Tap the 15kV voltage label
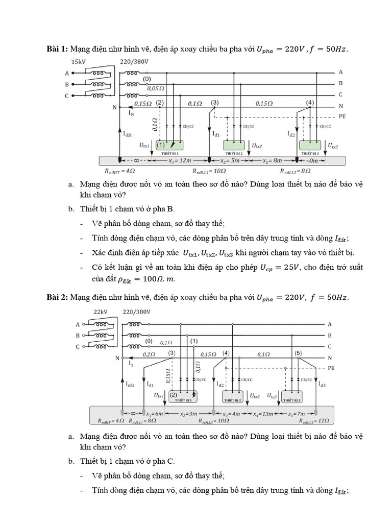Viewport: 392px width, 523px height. tap(79, 62)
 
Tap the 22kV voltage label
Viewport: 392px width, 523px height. tap(100, 312)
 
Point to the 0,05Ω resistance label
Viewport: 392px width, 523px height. tap(155, 88)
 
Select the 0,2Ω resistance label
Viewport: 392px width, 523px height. tap(149, 354)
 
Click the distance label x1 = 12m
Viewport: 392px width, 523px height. tap(179, 160)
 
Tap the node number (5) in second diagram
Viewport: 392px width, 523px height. tap(299, 353)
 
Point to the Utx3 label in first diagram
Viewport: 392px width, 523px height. tap(333, 146)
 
